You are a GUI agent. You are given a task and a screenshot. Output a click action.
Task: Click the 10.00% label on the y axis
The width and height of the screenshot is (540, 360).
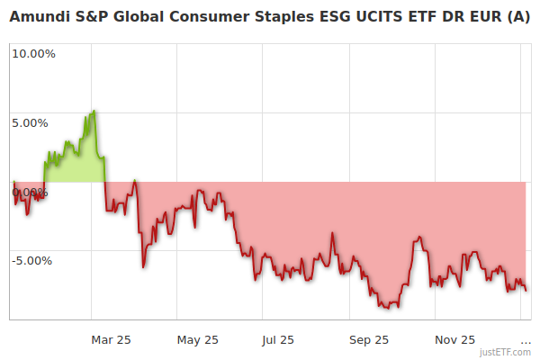point(33,53)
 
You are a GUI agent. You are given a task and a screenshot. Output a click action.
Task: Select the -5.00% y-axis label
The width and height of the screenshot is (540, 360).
point(33,261)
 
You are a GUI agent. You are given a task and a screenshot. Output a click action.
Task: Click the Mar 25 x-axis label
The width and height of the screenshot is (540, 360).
point(111,339)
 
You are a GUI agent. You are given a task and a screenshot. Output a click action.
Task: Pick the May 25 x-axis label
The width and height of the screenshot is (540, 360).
point(198,339)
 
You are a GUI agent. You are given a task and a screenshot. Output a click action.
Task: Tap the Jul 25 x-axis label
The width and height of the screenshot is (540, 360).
point(277,339)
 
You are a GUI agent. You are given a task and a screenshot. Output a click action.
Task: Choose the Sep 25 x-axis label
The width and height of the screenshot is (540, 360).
point(368,339)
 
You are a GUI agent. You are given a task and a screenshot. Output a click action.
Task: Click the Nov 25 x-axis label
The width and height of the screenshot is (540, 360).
point(454,339)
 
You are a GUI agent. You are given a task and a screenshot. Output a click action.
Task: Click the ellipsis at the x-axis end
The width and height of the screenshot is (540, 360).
point(526,339)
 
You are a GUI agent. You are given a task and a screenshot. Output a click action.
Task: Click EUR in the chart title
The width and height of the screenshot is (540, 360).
point(487,16)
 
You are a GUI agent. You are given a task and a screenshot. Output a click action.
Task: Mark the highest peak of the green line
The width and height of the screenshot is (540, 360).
point(94,111)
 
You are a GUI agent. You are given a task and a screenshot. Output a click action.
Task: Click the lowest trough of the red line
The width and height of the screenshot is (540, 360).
point(387,308)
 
